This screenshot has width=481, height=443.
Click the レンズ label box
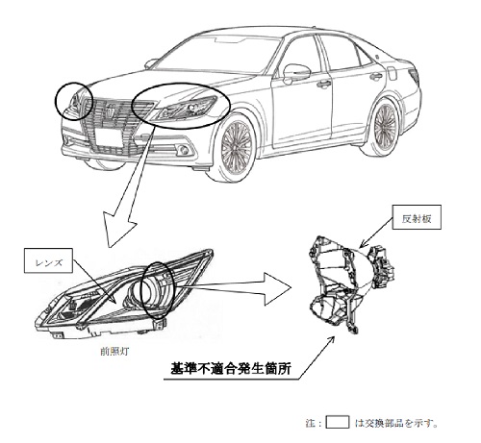pyautogui.click(x=48, y=260)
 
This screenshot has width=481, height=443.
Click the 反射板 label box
pyautogui.click(x=417, y=217)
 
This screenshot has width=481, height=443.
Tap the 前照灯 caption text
pyautogui.click(x=114, y=352)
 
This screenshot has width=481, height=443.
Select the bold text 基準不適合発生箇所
pyautogui.click(x=231, y=368)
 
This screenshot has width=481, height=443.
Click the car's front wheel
pyautogui.click(x=237, y=148)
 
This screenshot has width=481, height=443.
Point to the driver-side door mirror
pyautogui.click(x=296, y=72)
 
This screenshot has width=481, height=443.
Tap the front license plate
pyautogui.click(x=109, y=137)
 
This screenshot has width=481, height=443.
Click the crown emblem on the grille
pyautogui.click(x=111, y=110)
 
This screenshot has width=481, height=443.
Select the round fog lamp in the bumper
pyautogui.click(x=184, y=150)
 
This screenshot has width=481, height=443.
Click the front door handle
pyautogui.click(x=323, y=84)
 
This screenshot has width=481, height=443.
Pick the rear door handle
pyautogui.click(x=375, y=76)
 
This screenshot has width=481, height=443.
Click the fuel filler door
pyautogui.click(x=392, y=73)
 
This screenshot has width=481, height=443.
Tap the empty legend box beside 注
pyautogui.click(x=338, y=422)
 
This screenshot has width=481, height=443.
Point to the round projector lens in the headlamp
pyautogui.click(x=149, y=291)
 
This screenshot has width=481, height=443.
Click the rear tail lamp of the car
pyautogui.click(x=415, y=76)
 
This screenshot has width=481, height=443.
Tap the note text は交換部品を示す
pyautogui.click(x=396, y=423)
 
